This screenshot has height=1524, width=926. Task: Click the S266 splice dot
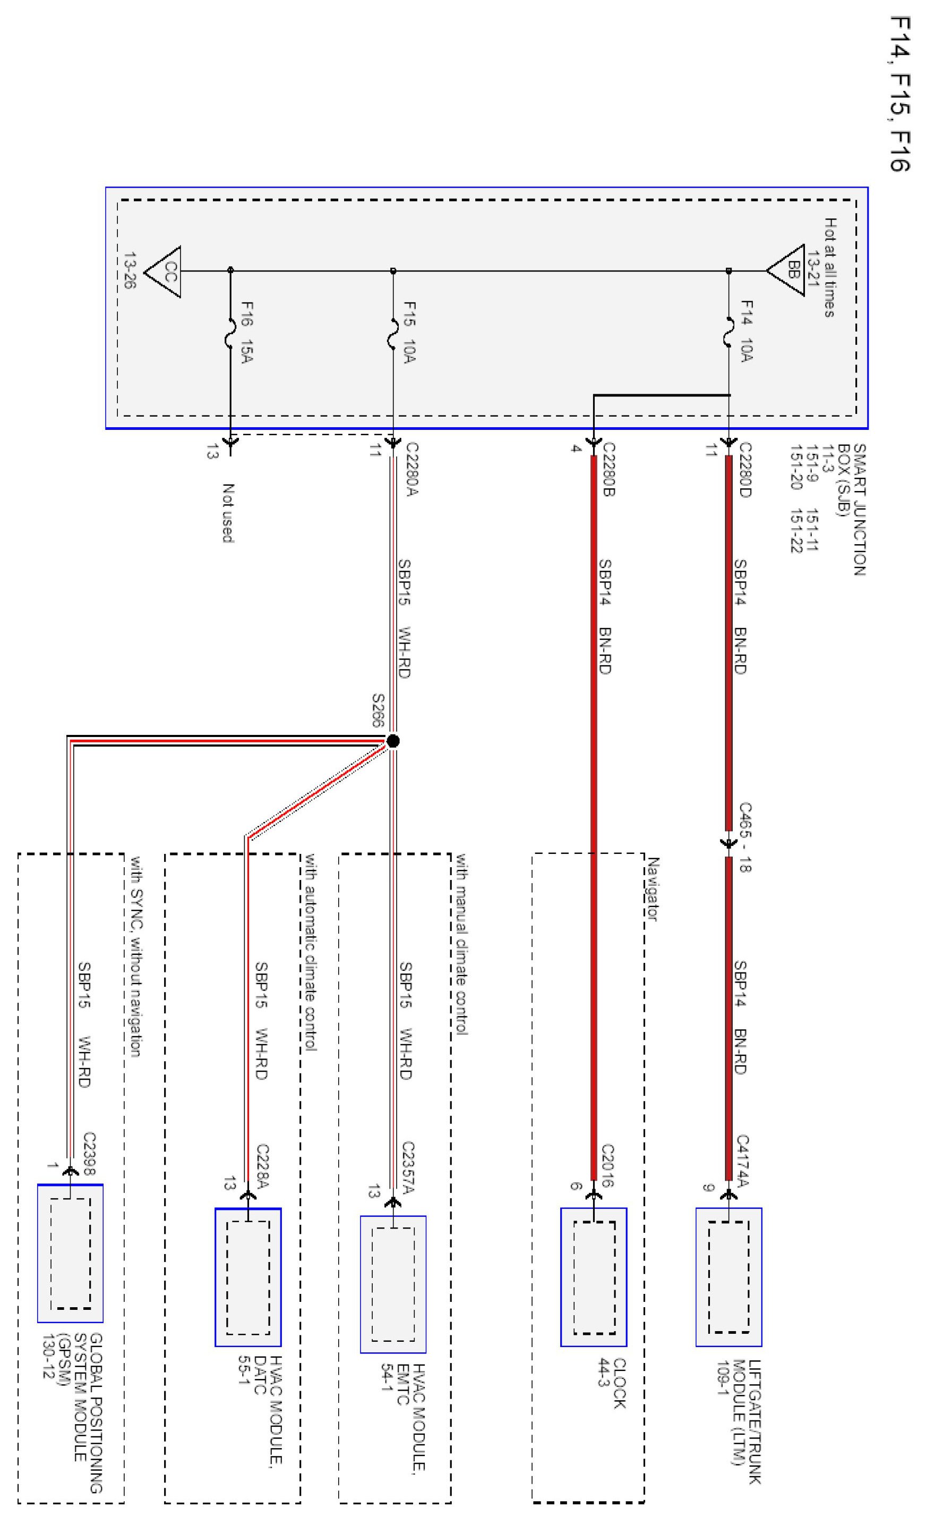pos(392,741)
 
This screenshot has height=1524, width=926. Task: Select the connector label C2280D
pos(745,470)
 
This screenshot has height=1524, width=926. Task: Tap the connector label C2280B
pos(608,470)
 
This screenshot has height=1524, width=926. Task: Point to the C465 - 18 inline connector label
pos(745,837)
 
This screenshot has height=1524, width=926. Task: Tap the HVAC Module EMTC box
pos(393,1284)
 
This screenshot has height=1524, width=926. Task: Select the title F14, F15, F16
pos(899,93)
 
